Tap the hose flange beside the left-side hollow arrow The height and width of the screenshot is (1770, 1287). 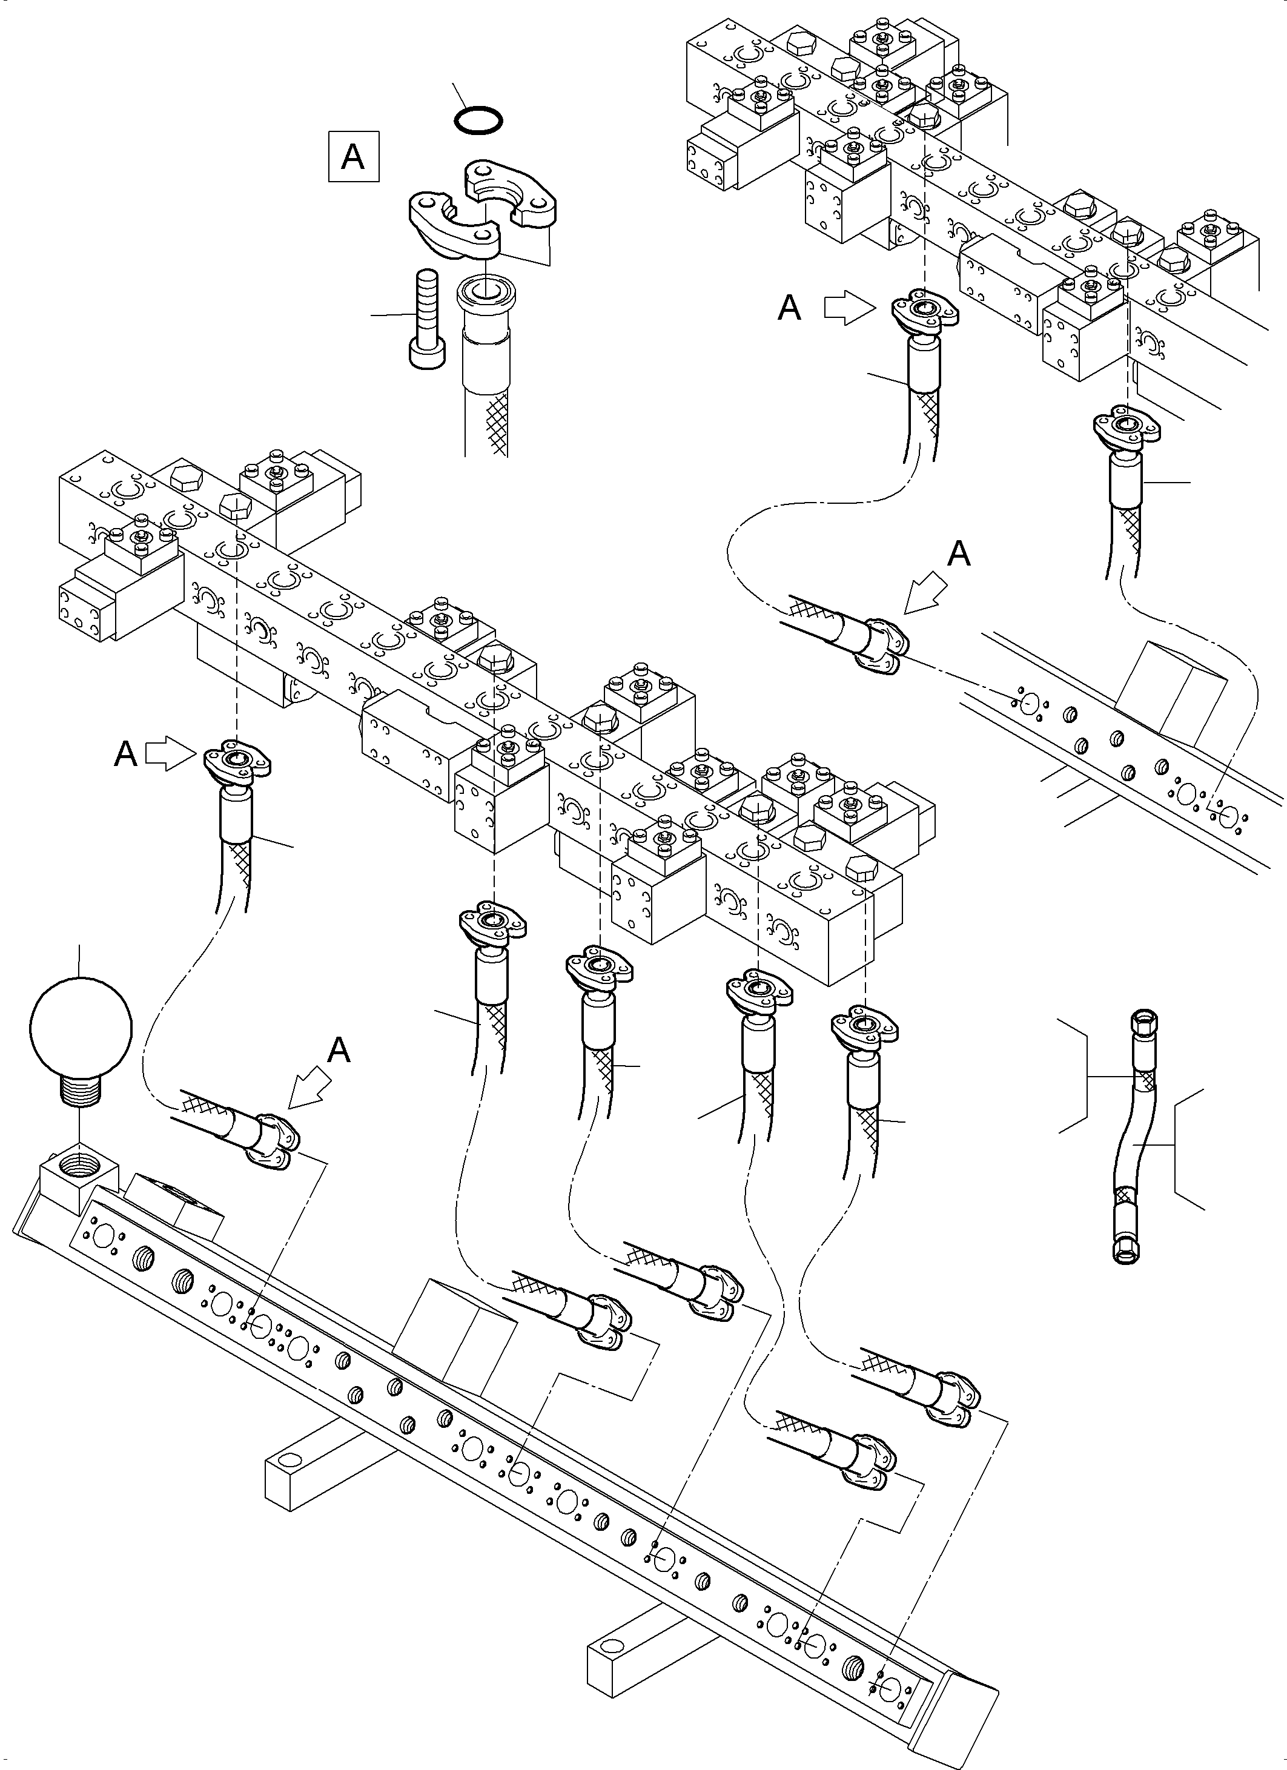(x=236, y=761)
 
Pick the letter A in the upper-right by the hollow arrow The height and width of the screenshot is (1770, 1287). (x=790, y=308)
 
